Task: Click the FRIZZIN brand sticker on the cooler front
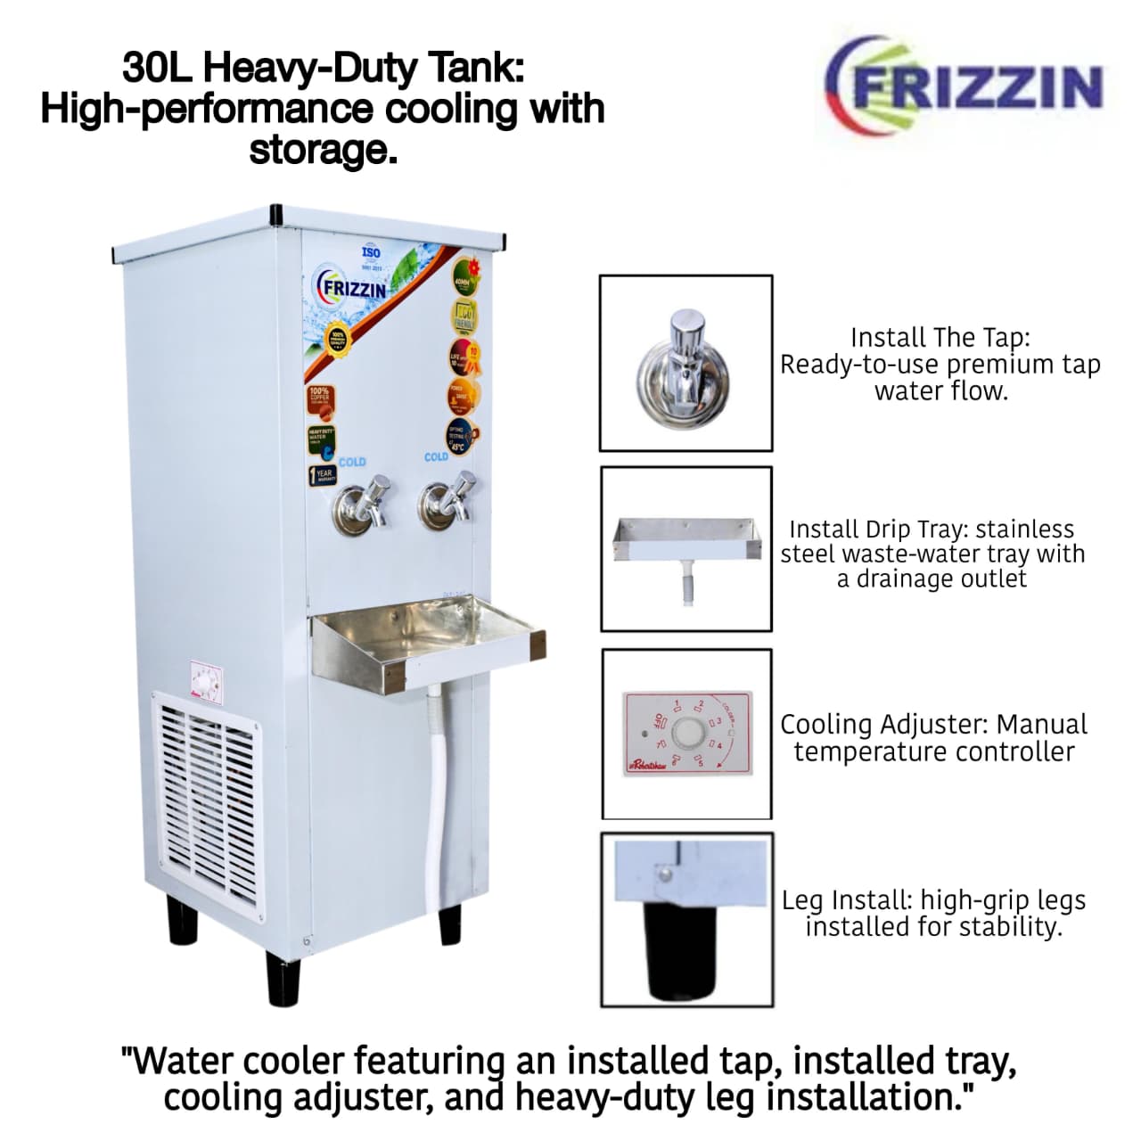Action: pos(353,289)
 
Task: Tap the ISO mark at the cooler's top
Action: pos(371,253)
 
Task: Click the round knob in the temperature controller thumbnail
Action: pos(687,734)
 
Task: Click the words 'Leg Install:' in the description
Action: pos(847,900)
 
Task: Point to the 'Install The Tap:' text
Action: pos(940,337)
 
